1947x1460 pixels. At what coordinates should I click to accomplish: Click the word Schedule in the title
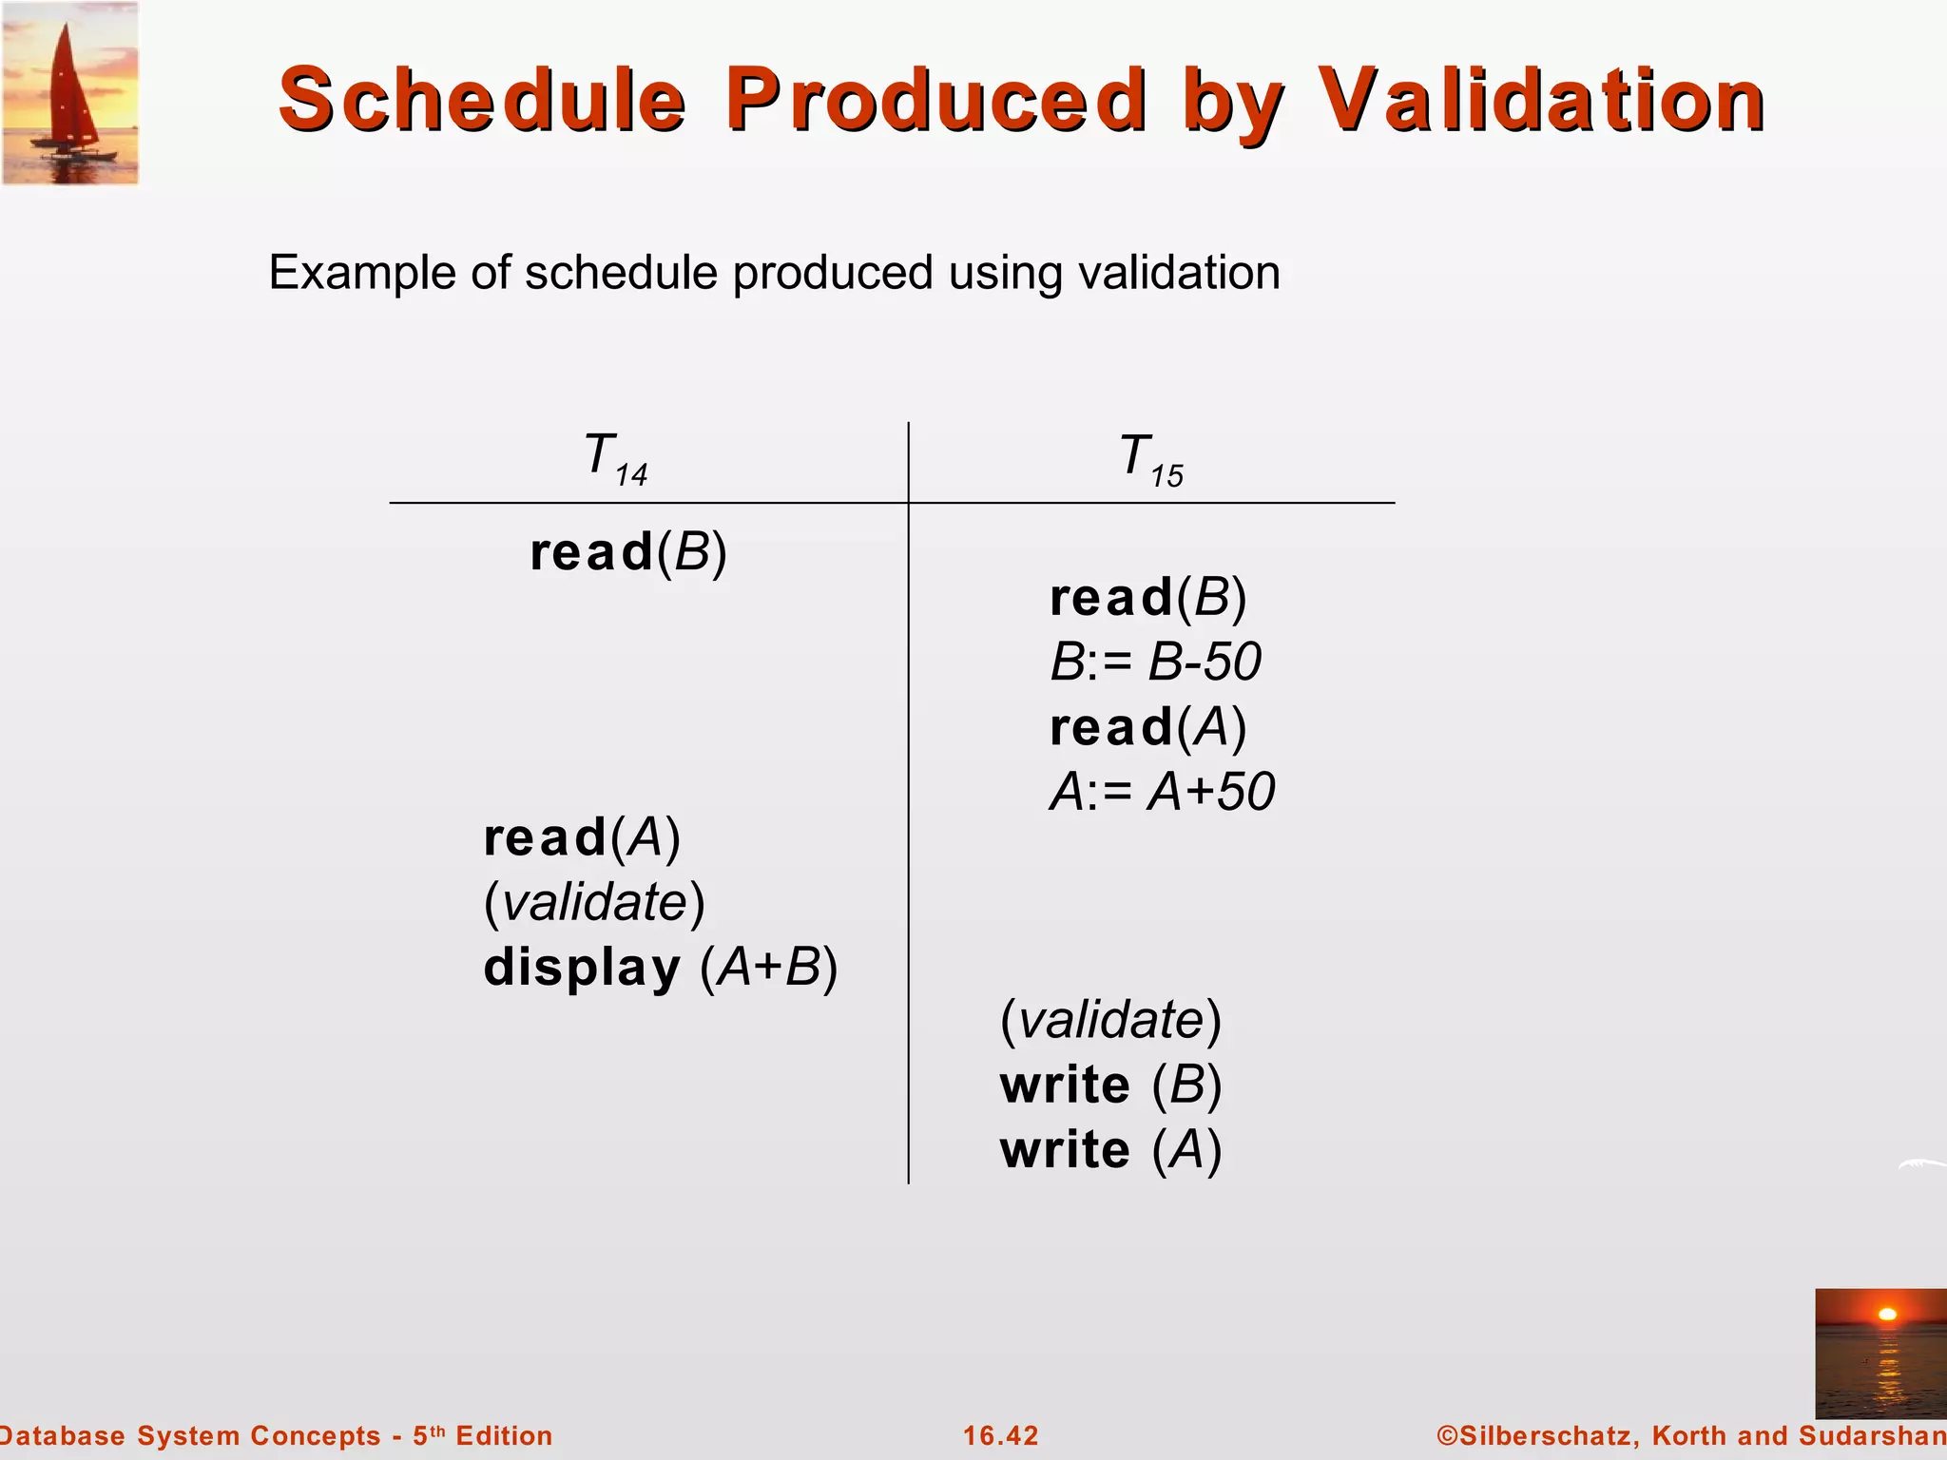(x=482, y=100)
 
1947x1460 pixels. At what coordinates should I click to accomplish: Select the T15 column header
(x=1150, y=459)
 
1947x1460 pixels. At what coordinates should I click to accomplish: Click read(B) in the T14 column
(x=628, y=552)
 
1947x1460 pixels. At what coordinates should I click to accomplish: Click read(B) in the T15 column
(x=1147, y=598)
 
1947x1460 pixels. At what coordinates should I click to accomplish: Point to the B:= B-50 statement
(x=1155, y=662)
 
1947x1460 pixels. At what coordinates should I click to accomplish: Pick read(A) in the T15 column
(x=1147, y=727)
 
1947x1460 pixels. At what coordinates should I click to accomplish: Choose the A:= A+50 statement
(x=1162, y=792)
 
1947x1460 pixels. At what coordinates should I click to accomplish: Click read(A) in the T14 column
(x=582, y=837)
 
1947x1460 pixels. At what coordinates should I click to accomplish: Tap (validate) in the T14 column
(x=594, y=902)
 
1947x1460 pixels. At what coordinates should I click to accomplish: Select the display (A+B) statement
(x=661, y=968)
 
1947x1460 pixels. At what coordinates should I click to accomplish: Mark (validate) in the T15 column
(x=1110, y=1020)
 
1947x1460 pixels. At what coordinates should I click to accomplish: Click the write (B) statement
(x=1110, y=1085)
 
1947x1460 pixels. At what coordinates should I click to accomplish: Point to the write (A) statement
(x=1110, y=1150)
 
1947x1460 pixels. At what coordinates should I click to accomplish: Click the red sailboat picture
(x=70, y=93)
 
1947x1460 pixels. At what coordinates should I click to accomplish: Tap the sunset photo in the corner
(x=1880, y=1353)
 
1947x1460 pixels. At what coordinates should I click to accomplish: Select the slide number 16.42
(x=1001, y=1435)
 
